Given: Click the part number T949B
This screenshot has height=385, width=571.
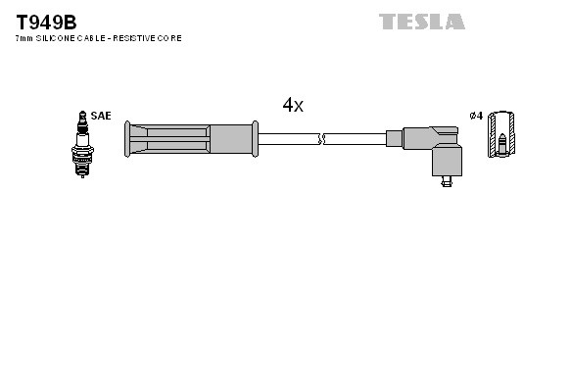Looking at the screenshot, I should click(46, 21).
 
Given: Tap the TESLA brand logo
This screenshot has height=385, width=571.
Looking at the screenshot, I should click(422, 21).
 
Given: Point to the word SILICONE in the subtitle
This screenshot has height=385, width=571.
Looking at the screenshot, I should click(55, 38).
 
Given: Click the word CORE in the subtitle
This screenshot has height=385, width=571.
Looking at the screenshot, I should click(169, 38).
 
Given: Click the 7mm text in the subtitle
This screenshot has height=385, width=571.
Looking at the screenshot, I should click(24, 38).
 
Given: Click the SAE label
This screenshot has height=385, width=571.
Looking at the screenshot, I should click(100, 116).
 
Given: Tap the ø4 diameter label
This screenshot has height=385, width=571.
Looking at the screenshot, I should click(476, 116).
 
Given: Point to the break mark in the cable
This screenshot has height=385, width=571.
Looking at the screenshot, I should click(322, 139).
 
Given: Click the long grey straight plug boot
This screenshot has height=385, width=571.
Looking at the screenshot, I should click(191, 138).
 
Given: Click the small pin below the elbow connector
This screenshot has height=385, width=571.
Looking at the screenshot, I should click(446, 179).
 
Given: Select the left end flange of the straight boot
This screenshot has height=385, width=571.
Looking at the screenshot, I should click(128, 138).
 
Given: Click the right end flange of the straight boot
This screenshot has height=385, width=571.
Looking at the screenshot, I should click(255, 138).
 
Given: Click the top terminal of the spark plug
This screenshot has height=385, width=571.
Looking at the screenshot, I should click(80, 114).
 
